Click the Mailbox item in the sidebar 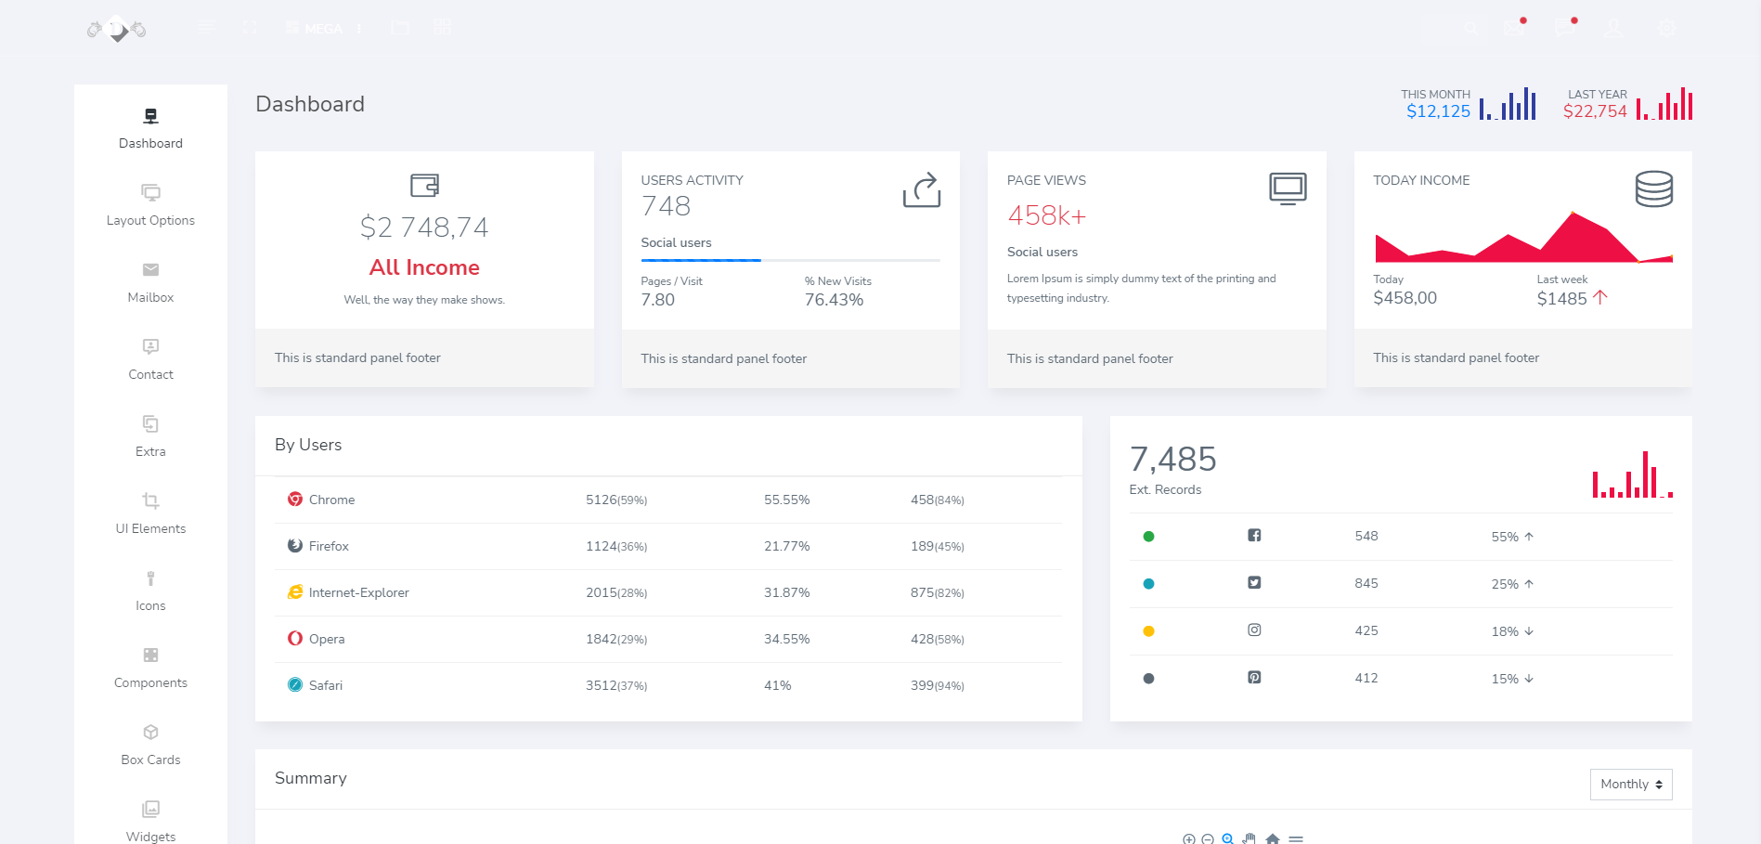[x=150, y=282]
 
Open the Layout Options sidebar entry [x=150, y=205]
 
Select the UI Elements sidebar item [x=150, y=513]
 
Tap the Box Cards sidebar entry [x=150, y=745]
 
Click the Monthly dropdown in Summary [x=1630, y=785]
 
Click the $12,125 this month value [x=1438, y=111]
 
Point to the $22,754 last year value [x=1594, y=111]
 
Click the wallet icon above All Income [x=424, y=186]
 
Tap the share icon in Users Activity [x=921, y=189]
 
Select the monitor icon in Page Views [x=1287, y=188]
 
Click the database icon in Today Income [x=1653, y=188]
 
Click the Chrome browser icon [x=295, y=500]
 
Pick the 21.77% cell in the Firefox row [x=786, y=546]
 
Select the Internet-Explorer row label [x=358, y=592]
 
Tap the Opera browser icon [x=295, y=639]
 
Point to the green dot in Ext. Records [x=1148, y=537]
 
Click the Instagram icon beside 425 [x=1254, y=630]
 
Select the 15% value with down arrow [x=1512, y=679]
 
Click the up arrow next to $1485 [x=1600, y=297]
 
